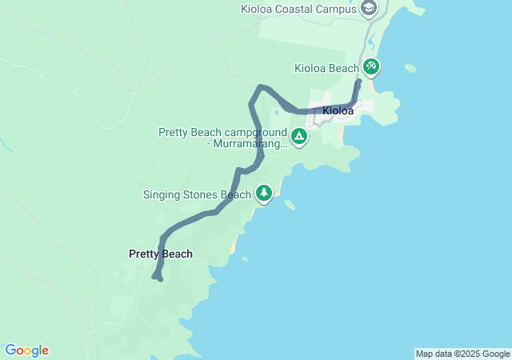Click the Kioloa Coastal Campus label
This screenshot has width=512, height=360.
(x=299, y=9)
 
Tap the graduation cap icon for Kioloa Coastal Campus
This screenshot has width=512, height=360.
(x=369, y=9)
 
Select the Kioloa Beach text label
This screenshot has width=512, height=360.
(x=326, y=68)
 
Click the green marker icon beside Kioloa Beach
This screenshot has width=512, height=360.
(x=371, y=66)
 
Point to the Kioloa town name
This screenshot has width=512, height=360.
(x=338, y=111)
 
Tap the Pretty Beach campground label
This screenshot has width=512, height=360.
(x=222, y=138)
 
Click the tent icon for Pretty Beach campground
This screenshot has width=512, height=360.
(x=298, y=137)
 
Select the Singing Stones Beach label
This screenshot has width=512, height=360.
(x=197, y=194)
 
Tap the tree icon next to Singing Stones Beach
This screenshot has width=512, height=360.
(x=263, y=193)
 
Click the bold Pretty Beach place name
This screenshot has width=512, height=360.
(x=161, y=254)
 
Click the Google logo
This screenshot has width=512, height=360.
(x=26, y=350)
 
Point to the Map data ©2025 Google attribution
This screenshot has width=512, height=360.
(x=462, y=354)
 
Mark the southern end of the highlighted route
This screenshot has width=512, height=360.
(x=161, y=279)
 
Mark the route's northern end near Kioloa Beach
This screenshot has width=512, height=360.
(x=359, y=81)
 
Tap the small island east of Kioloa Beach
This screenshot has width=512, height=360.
(x=410, y=68)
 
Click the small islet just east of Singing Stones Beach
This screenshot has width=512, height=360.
(x=290, y=205)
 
